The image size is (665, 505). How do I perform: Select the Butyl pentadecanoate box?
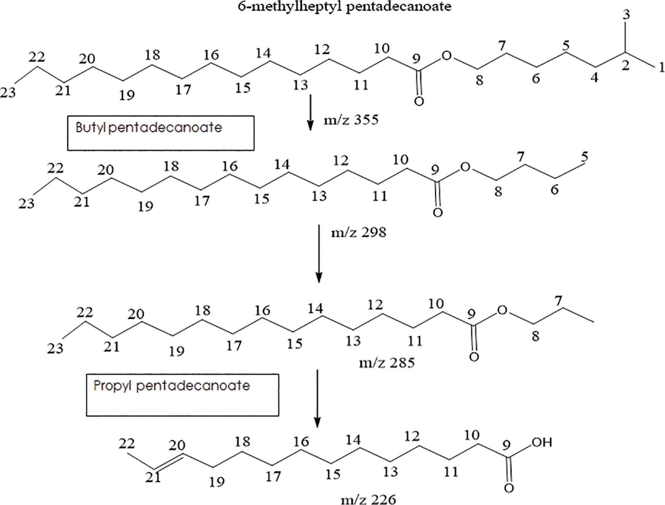(161, 133)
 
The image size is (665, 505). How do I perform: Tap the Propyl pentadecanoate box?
(182, 395)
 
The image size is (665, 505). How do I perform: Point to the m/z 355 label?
(351, 120)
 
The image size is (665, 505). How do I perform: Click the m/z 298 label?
(358, 232)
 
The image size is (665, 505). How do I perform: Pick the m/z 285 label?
(387, 363)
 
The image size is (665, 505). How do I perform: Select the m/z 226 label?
(368, 499)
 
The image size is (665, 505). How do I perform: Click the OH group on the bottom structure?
(541, 442)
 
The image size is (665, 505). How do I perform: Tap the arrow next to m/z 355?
(310, 112)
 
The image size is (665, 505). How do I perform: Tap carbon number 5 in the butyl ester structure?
(584, 156)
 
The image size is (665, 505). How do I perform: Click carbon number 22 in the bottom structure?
(127, 443)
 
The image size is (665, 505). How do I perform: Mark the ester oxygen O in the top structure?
(446, 56)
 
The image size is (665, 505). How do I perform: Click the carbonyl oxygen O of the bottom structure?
(509, 488)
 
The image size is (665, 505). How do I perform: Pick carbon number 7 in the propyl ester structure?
(557, 301)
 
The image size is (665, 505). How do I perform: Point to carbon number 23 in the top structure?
(8, 92)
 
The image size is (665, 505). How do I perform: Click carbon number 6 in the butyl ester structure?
(554, 189)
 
